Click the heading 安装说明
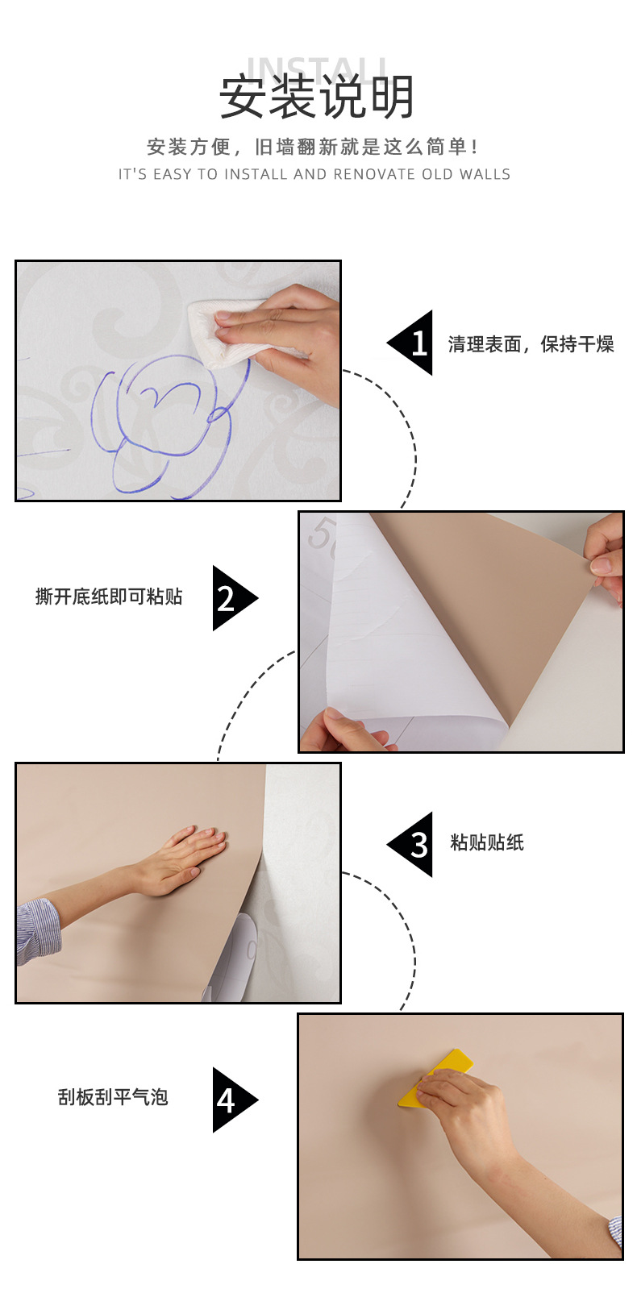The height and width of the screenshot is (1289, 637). click(317, 97)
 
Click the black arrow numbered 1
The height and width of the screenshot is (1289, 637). click(412, 343)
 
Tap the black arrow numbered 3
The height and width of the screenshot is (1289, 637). click(412, 845)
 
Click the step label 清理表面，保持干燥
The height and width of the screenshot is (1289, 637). click(531, 344)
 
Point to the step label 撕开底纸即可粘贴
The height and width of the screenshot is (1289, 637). click(109, 597)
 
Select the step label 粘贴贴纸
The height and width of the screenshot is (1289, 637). click(487, 842)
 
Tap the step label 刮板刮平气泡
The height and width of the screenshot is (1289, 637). click(113, 1097)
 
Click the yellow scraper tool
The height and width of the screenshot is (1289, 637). click(435, 1078)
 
